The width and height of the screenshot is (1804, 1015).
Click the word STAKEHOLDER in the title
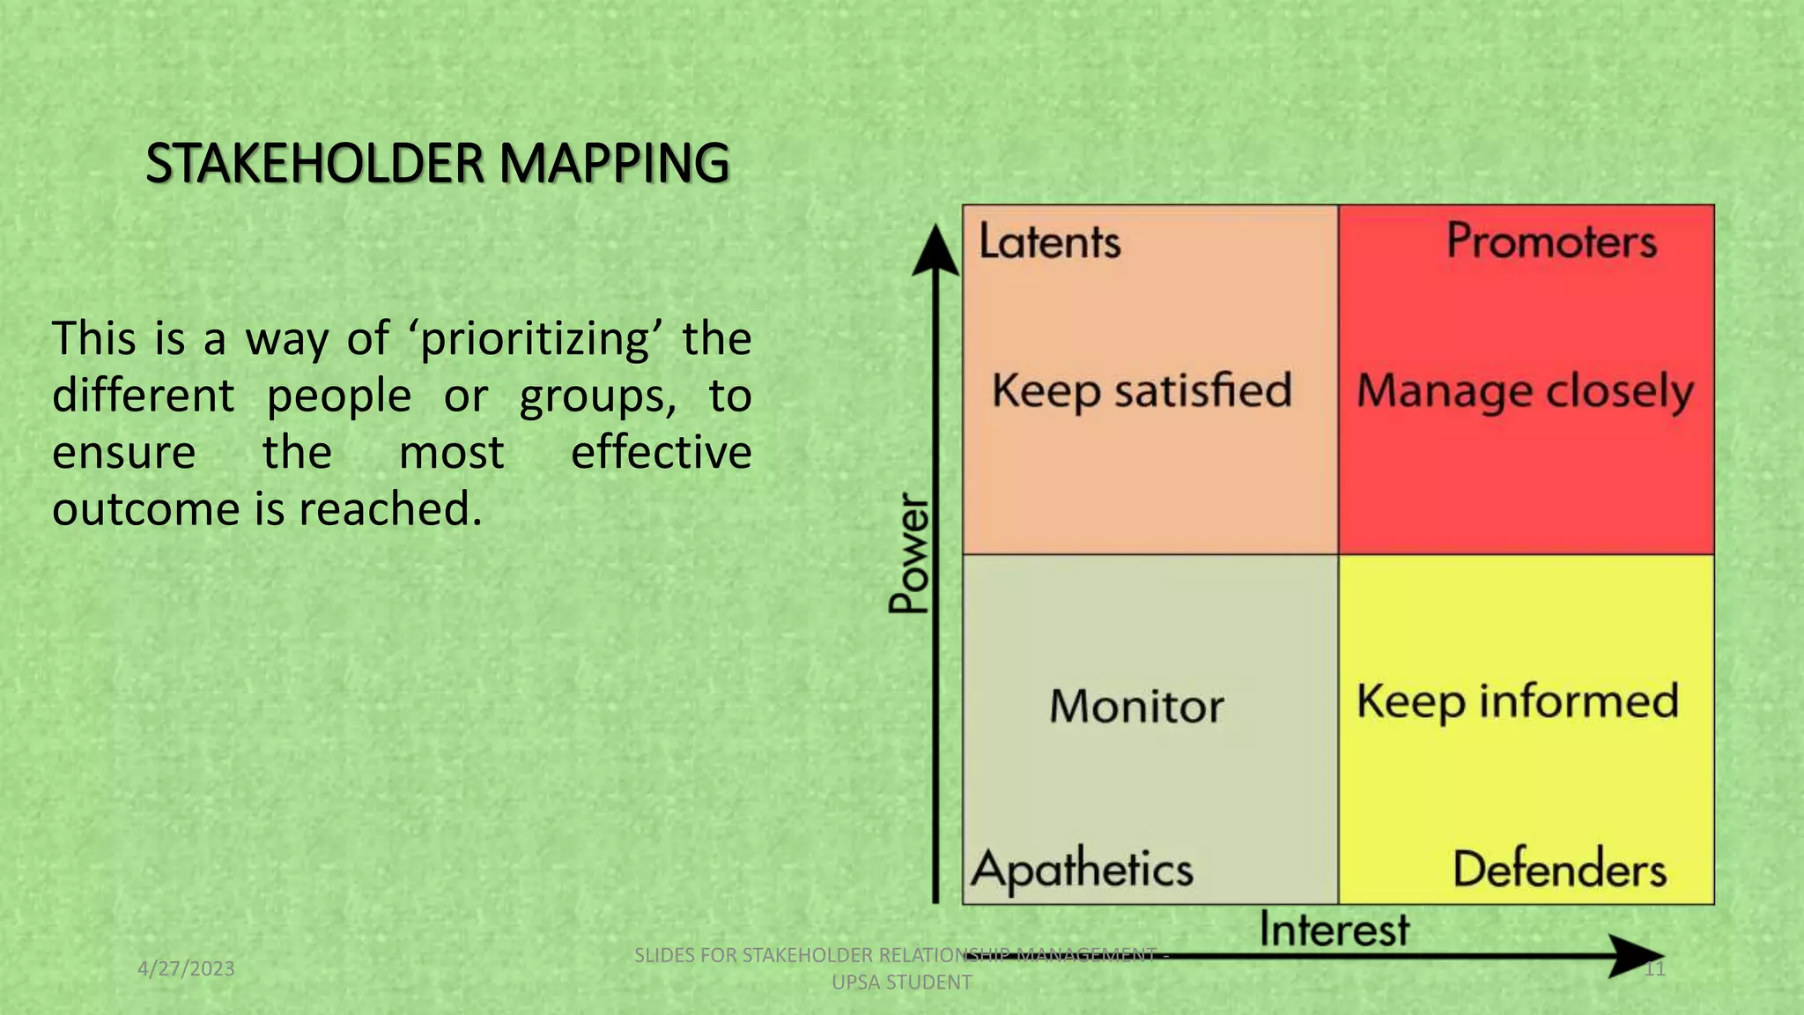[x=314, y=164]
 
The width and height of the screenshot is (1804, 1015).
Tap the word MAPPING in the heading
[x=614, y=164]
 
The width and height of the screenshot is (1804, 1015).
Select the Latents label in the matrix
[x=1049, y=241]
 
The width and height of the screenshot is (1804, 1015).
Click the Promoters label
[x=1551, y=241]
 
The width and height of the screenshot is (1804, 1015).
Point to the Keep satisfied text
[x=1142, y=390]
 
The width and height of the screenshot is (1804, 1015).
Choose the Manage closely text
[x=1525, y=390]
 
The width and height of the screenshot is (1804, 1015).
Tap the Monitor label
[x=1136, y=706]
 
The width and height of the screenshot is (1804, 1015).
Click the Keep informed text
[x=1518, y=702]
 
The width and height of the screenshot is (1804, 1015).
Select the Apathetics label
[x=1083, y=869]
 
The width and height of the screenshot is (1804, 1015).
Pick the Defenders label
[x=1559, y=869]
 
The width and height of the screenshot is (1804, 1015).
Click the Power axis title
[x=909, y=553]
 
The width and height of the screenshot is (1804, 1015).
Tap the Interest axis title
[x=1334, y=930]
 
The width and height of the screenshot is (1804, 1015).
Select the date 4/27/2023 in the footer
[x=186, y=969]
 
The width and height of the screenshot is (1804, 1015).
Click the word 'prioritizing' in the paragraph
[x=534, y=339]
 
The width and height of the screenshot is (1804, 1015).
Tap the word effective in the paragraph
[x=661, y=453]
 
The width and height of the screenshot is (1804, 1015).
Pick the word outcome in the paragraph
[x=146, y=509]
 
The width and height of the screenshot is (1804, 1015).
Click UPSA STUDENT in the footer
[x=902, y=982]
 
